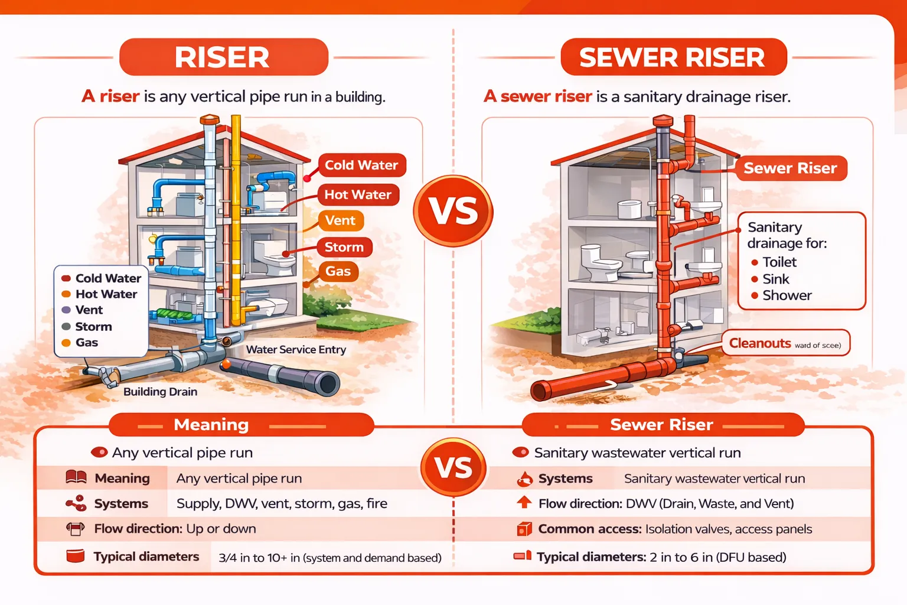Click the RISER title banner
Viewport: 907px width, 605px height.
point(223,57)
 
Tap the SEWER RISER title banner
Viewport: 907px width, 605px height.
point(673,57)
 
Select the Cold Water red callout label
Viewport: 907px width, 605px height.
point(361,165)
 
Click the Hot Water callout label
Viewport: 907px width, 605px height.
point(358,195)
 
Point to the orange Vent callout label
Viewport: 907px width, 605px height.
point(341,221)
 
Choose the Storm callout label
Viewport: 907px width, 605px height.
point(344,247)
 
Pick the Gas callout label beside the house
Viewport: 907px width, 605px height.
point(338,272)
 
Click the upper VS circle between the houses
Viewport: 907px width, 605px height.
point(453,211)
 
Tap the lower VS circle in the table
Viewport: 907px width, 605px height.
point(453,467)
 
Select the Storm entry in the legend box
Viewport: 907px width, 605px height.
point(93,327)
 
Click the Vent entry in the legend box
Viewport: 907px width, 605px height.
point(89,310)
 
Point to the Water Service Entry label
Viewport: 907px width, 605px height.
point(296,350)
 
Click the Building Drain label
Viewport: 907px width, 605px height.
point(160,392)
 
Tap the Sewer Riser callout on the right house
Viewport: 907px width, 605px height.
point(790,168)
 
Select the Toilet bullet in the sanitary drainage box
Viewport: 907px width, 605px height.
point(779,262)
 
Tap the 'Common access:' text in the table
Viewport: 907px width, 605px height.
point(589,529)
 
